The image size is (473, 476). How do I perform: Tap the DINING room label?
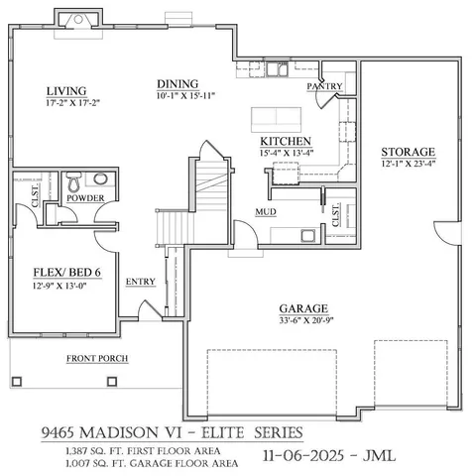point(179,83)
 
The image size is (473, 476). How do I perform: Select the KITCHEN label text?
point(287,142)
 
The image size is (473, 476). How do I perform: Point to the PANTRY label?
point(324,87)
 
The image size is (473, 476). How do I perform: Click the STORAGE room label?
point(409,152)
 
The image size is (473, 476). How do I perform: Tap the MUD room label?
point(266,212)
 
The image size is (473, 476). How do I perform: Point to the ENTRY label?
point(140,282)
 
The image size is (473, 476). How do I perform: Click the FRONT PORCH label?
point(97,358)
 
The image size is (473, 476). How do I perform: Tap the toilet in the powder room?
point(72,182)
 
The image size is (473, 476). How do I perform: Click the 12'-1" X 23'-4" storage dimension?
point(409,164)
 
